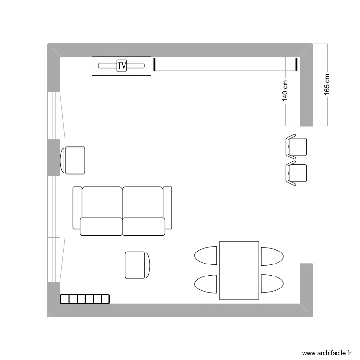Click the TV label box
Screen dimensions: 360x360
coord(122,66)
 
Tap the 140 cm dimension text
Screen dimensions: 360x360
coord(285,90)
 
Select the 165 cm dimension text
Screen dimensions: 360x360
coord(327,84)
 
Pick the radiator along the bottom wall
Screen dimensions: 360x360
coord(85,299)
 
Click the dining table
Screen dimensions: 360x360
coord(239,270)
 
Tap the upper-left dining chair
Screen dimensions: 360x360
coord(206,255)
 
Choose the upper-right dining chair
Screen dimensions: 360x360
coord(272,255)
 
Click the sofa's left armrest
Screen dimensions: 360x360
coord(77,207)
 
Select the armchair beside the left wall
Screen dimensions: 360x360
coord(73,160)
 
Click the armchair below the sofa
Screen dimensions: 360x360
coord(137,265)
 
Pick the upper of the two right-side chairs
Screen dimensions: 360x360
coord(296,146)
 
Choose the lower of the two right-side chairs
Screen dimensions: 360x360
coord(296,173)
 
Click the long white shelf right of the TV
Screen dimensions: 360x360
coord(226,64)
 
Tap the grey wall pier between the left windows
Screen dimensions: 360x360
coord(53,158)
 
